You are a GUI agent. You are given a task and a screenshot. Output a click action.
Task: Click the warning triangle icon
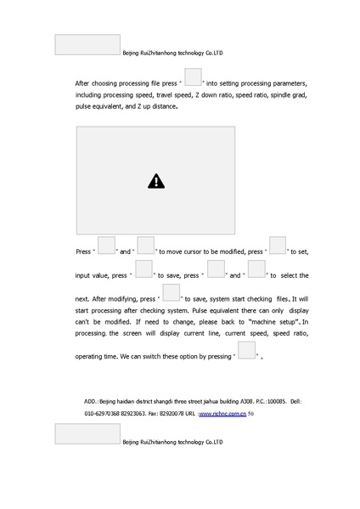click(155, 180)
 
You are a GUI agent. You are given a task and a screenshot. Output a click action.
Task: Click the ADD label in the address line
click(91, 400)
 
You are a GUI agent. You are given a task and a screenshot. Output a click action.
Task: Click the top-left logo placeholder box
click(87, 45)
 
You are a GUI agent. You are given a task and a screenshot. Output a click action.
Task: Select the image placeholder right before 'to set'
click(278, 246)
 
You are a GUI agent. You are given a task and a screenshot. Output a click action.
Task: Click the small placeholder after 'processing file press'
click(192, 77)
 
